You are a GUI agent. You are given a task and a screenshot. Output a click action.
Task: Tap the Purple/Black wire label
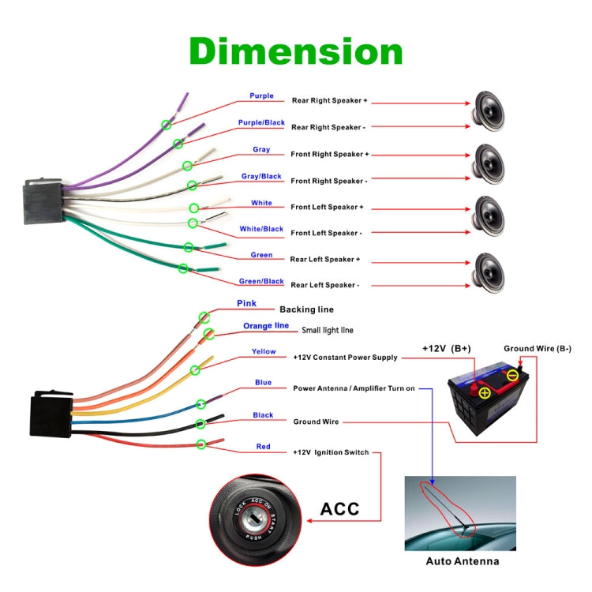261,123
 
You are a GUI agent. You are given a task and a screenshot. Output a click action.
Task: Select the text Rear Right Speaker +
330,101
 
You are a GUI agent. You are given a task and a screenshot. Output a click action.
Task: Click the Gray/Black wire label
261,176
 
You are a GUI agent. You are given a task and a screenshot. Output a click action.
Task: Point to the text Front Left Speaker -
326,233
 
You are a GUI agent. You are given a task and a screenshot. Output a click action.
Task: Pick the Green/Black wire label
261,282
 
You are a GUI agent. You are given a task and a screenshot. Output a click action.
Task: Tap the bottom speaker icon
488,272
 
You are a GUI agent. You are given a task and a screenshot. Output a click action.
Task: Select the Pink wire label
246,304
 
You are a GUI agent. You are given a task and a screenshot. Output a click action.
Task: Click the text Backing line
306,309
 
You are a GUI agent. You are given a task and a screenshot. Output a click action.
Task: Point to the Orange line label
266,326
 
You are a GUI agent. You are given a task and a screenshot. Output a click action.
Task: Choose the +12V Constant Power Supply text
345,358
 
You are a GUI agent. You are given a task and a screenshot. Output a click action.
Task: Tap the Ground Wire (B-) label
538,348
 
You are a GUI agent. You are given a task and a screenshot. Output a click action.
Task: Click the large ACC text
339,509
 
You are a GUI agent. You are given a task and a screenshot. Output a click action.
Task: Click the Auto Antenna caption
462,561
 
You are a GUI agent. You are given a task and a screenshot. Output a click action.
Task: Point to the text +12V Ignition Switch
331,452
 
